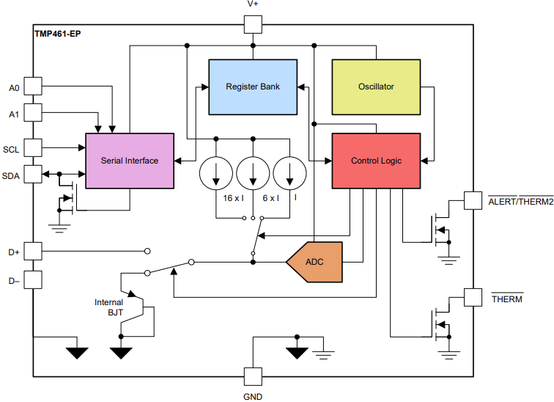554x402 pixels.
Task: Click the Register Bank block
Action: (253, 87)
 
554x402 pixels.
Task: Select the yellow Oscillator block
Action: (376, 87)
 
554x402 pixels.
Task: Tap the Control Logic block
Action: (376, 161)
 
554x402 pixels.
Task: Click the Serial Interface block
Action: (130, 161)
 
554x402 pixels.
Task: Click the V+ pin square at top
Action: (253, 25)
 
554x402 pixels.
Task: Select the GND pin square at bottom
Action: (253, 376)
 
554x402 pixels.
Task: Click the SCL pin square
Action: (34, 149)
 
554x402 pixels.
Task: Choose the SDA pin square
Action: (34, 175)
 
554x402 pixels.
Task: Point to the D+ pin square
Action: (34, 252)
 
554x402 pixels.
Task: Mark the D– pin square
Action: (34, 279)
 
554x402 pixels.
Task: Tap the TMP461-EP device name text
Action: (58, 34)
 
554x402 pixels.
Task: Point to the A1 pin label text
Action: (14, 114)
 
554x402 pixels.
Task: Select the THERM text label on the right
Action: (506, 299)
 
